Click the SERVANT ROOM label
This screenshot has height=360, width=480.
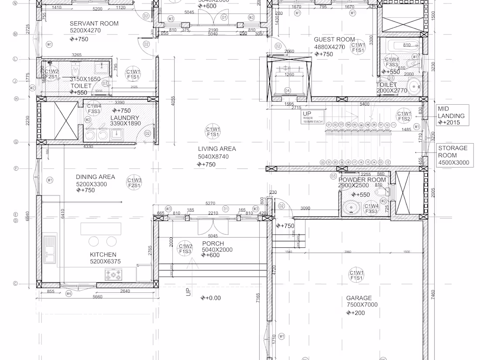click(x=94, y=24)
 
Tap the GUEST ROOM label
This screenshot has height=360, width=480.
click(x=334, y=40)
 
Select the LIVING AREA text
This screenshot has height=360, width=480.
click(x=216, y=149)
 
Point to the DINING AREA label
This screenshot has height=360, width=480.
click(x=95, y=177)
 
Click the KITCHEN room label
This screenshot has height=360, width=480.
click(x=103, y=254)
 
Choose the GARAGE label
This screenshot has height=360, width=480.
click(x=359, y=298)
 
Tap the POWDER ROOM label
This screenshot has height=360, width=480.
click(x=362, y=180)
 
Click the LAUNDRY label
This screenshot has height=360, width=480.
click(x=124, y=118)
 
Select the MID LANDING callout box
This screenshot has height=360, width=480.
click(x=453, y=116)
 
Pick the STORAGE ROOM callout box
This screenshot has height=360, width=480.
click(x=453, y=155)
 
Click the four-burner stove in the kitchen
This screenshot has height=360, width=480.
click(x=113, y=275)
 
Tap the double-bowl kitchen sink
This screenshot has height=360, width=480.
click(x=50, y=249)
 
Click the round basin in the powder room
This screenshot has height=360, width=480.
click(x=350, y=209)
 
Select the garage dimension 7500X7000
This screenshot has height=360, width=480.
click(x=362, y=305)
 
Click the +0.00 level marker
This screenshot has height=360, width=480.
click(x=211, y=298)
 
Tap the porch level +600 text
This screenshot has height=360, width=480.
click(x=211, y=255)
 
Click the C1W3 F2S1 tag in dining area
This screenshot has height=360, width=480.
click(x=134, y=183)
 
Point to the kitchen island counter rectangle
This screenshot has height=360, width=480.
click(x=101, y=228)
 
